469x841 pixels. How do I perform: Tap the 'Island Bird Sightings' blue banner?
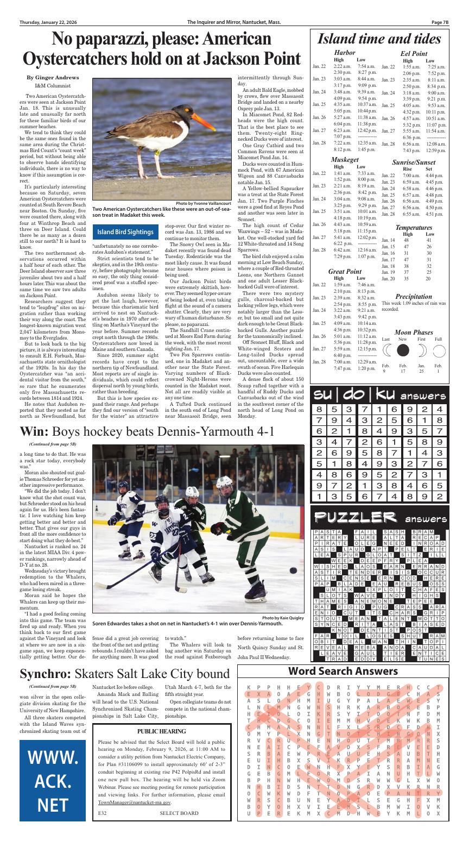(125, 232)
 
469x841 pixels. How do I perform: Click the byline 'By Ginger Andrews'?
(53, 78)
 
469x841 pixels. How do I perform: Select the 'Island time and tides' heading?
(378, 39)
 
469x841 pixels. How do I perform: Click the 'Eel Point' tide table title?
(414, 54)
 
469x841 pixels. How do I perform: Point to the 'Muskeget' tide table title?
(345, 160)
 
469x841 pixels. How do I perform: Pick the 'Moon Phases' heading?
(414, 332)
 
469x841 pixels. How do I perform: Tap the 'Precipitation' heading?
(414, 296)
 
